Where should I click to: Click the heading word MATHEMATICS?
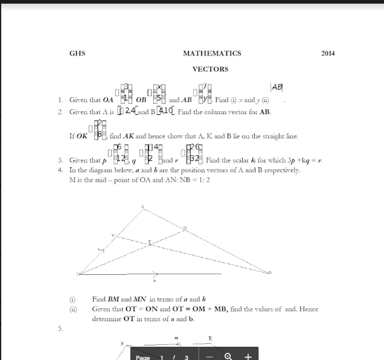212,54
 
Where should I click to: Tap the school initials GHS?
77,54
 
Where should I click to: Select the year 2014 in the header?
328,54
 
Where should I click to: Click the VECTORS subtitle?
210,69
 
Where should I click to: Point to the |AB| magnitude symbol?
277,88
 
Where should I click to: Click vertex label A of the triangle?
142,207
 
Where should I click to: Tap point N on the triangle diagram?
185,228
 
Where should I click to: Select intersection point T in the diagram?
150,242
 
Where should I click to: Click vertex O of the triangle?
79,274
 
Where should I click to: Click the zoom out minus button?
209,356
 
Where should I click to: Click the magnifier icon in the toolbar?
228,356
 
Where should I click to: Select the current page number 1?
162,358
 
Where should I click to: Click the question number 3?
60,161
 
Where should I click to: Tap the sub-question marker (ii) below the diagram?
73,309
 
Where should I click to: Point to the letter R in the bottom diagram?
210,338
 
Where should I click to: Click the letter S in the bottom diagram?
121,344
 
